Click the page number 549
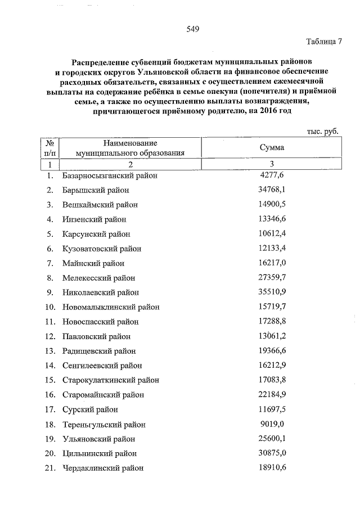193,29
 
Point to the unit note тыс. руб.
322,131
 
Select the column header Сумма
272,147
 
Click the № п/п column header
50,147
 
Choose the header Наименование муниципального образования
130,147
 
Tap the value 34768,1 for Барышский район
272,190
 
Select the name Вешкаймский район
100,204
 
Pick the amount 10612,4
272,233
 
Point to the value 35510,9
272,292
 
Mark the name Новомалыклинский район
110,307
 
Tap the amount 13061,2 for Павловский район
272,336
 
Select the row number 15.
49,380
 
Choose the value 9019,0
272,424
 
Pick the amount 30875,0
272,453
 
